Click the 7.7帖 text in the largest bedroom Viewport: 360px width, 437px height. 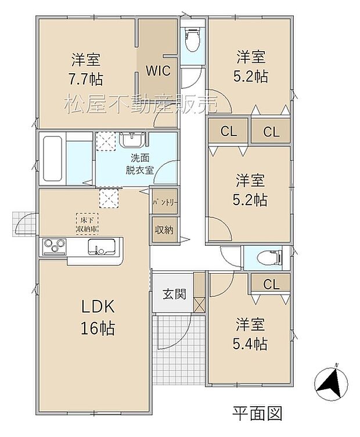[86, 80]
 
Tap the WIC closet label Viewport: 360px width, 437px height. [157, 71]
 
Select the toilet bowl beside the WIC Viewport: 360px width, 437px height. [192, 41]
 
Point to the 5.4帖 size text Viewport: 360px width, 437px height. [251, 343]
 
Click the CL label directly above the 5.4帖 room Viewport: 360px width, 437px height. [271, 284]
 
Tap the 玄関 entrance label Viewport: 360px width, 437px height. [174, 294]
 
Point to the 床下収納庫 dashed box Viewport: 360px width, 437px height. [87, 223]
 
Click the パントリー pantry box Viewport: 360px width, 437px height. [165, 203]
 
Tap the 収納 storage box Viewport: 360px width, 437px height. [165, 229]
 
